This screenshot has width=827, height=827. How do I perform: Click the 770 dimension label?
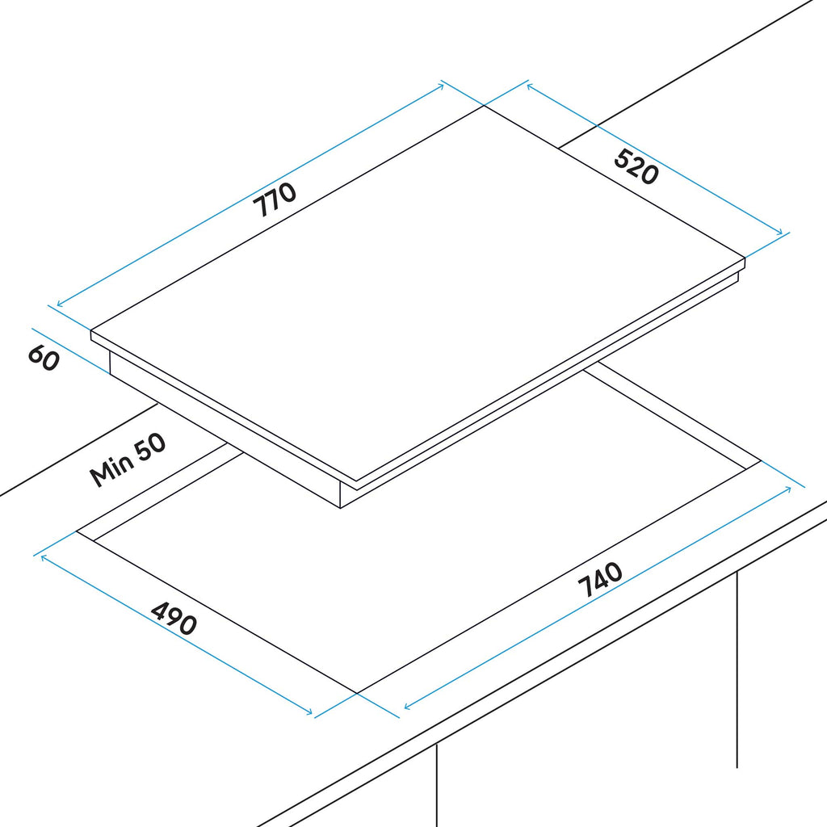tap(275, 199)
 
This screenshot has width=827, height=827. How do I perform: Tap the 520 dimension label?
tap(636, 166)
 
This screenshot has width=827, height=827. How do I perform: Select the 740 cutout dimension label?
tap(600, 579)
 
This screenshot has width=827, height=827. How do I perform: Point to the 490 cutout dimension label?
tap(174, 618)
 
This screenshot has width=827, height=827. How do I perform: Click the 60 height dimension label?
tap(44, 358)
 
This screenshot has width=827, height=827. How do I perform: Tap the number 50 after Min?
tap(149, 448)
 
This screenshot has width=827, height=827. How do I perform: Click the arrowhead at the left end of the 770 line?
tap(59, 304)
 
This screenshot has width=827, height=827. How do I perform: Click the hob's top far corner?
tap(485, 106)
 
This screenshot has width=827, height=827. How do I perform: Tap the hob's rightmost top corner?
tap(745, 258)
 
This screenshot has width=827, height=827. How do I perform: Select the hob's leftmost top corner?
tap(90, 330)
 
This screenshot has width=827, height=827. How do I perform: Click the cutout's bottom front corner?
tap(357, 693)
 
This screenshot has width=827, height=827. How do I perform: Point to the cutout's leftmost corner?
tap(77, 531)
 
